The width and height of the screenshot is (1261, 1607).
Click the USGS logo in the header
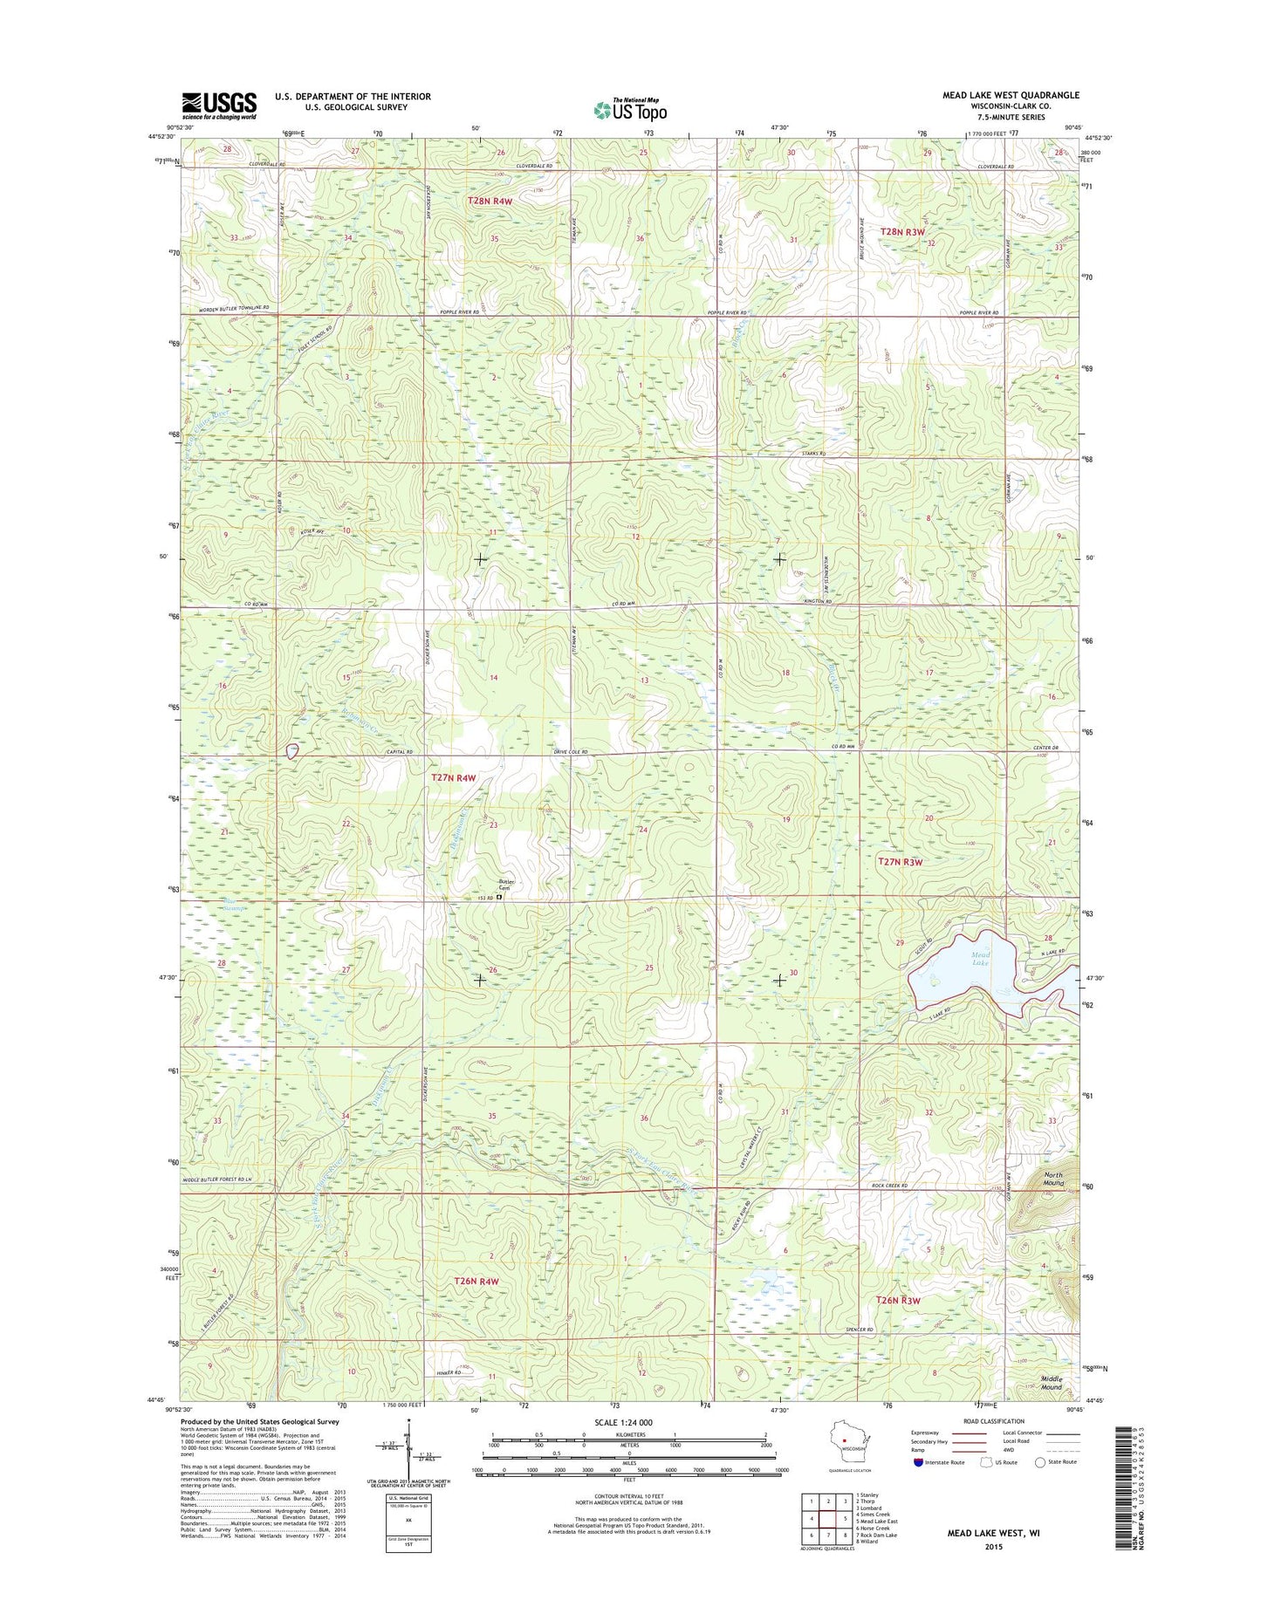[x=219, y=106]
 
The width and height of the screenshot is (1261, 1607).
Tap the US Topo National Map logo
[x=630, y=109]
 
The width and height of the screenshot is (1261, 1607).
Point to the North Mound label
[x=1053, y=1179]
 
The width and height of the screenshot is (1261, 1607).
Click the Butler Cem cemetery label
[x=507, y=884]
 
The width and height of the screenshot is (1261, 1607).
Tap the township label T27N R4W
[x=454, y=777]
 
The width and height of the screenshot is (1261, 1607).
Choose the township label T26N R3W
[x=898, y=1300]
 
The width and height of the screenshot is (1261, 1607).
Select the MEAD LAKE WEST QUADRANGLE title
[x=1013, y=95]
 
